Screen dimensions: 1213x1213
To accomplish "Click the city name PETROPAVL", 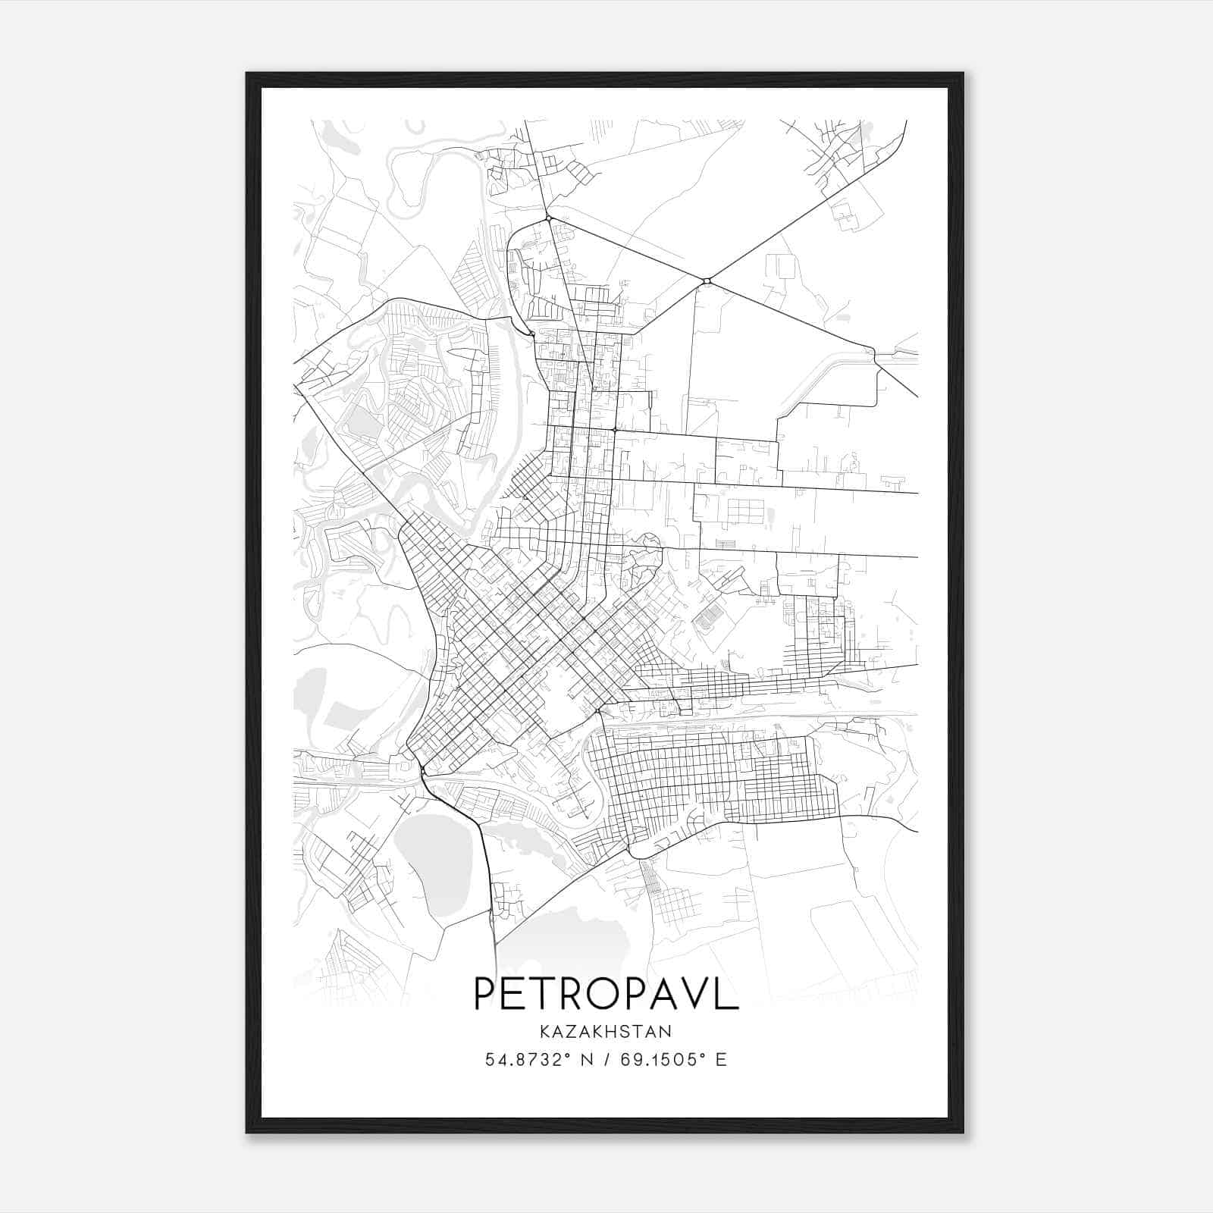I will [606, 994].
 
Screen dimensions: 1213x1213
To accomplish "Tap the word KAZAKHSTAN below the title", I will [606, 1032].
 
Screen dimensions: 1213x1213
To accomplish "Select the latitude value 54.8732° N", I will [539, 1060].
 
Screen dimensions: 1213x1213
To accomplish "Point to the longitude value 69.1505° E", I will [673, 1060].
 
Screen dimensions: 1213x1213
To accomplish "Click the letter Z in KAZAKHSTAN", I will [572, 1032].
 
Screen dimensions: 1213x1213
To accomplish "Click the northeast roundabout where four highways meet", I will [707, 282].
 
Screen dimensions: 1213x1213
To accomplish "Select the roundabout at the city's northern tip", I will [548, 219].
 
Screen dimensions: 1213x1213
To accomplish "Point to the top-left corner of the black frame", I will [247, 74].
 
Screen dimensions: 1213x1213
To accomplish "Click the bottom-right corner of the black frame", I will [963, 1133].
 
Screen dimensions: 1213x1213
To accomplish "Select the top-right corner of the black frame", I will [963, 74].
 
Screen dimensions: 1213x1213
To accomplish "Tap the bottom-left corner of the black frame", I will [247, 1133].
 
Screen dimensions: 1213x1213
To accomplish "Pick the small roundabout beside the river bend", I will [531, 334].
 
